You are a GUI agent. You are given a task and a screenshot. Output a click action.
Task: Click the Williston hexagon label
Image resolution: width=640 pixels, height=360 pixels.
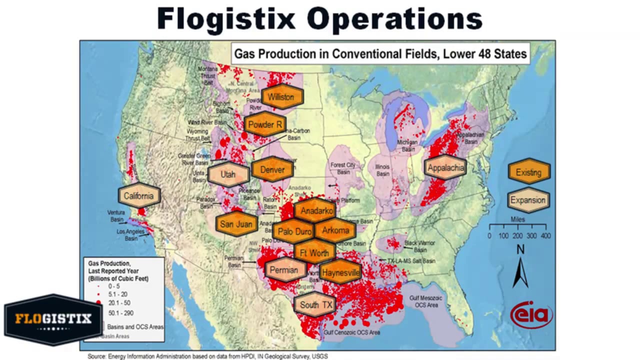click(282, 97)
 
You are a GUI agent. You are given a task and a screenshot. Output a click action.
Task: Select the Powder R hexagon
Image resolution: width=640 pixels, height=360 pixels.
click(265, 124)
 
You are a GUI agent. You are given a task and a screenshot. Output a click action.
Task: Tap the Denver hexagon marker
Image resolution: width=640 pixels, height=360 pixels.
click(272, 169)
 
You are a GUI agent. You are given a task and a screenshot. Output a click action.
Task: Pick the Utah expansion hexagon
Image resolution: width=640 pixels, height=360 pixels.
click(228, 174)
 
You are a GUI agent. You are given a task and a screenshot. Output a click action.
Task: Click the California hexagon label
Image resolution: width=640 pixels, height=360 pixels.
click(139, 196)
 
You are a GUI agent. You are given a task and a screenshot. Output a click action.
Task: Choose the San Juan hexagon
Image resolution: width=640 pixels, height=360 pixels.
click(236, 224)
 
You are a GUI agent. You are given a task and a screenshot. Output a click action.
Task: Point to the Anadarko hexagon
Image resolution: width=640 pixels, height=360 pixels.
click(314, 210)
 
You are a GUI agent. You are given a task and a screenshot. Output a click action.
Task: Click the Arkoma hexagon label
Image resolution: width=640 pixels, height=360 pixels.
click(335, 230)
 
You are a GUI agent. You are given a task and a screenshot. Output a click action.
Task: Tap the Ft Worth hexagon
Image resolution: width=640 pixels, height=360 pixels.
click(314, 252)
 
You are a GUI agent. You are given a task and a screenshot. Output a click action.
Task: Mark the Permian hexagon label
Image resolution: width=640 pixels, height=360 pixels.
click(284, 270)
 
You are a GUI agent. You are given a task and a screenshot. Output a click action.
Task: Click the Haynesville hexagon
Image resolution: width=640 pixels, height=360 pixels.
click(340, 272)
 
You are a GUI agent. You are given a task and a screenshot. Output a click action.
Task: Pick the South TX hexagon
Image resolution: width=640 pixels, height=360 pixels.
click(315, 304)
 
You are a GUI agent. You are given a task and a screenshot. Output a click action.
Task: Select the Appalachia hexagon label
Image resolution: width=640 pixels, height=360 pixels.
click(445, 167)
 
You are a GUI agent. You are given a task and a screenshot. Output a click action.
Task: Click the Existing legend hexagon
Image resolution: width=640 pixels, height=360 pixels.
click(529, 172)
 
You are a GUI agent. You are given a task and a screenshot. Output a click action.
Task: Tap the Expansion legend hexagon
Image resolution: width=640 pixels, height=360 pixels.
click(528, 200)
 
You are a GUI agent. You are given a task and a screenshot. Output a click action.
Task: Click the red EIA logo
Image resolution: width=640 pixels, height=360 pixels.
click(531, 314)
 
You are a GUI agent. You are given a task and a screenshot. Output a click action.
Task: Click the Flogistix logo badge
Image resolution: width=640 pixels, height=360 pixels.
click(53, 319)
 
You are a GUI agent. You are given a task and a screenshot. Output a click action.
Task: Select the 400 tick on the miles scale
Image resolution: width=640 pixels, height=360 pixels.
click(546, 235)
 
